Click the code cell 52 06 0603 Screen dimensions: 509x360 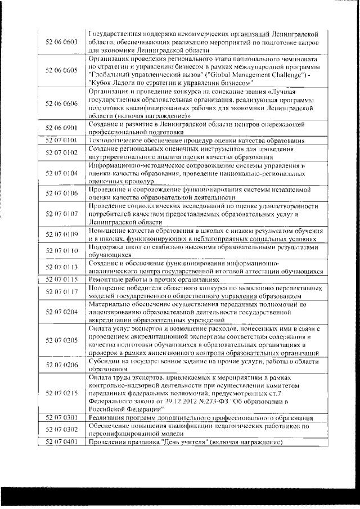[62, 42]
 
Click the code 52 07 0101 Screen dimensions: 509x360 [62, 140]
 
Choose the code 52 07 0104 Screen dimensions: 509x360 [62, 174]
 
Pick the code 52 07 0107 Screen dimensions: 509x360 [62, 214]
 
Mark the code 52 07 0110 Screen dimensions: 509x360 [62, 250]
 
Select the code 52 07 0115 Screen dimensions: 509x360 [62, 279]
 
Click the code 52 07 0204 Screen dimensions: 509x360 [62, 312]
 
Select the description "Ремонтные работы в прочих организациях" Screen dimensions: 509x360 [153, 279]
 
